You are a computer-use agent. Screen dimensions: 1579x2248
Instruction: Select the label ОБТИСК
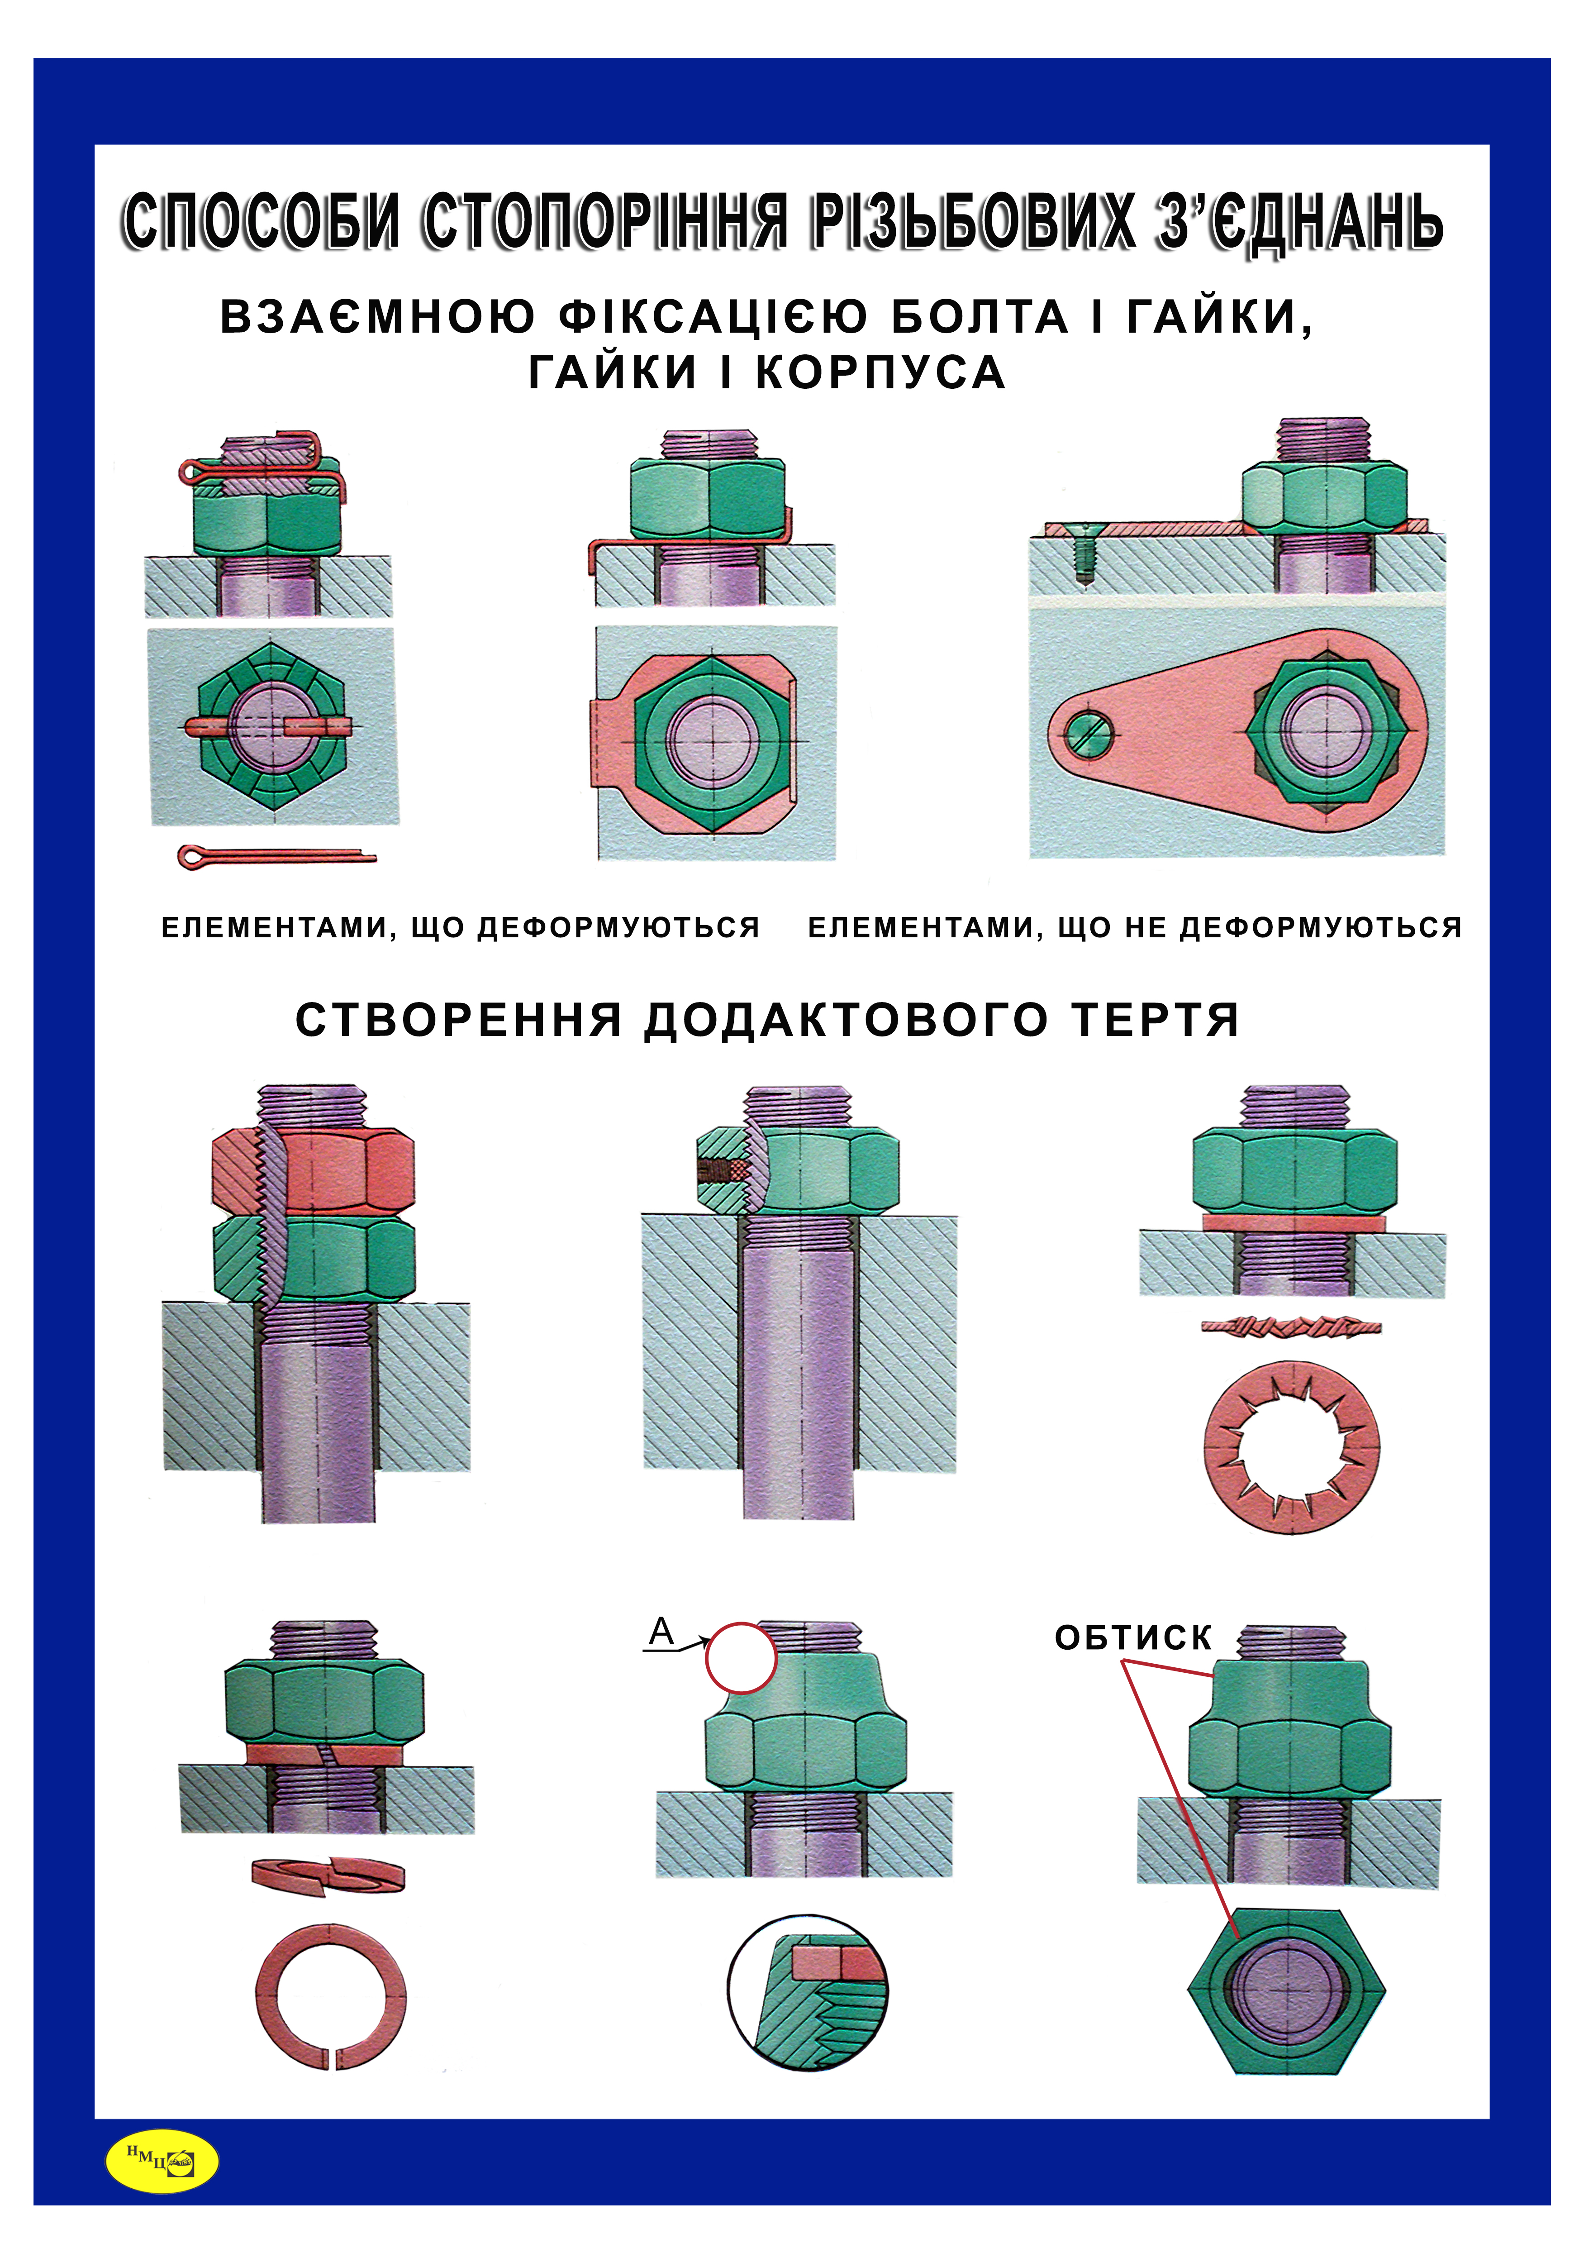click(1132, 1637)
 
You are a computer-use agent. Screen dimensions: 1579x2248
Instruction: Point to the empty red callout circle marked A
click(741, 1658)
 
